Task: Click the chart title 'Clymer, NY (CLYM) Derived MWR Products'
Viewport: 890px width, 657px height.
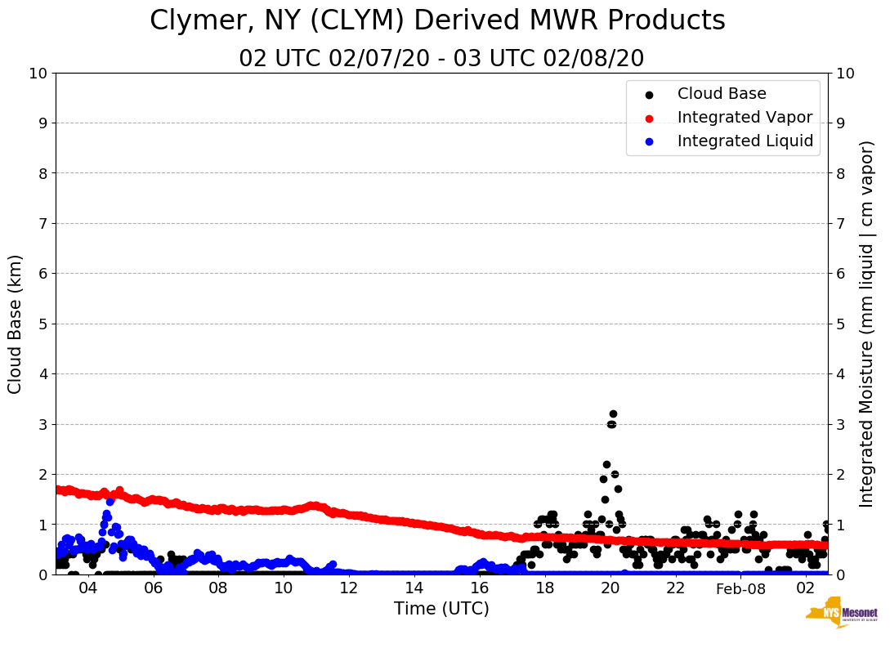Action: click(437, 21)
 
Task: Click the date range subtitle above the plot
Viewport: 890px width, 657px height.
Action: click(441, 59)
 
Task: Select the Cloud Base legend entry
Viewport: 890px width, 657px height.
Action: click(722, 94)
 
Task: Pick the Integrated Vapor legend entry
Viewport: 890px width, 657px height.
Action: click(745, 118)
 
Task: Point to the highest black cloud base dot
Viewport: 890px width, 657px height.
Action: click(613, 414)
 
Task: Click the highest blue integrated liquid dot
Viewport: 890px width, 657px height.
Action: click(110, 501)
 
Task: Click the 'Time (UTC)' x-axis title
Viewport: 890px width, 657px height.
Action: click(441, 609)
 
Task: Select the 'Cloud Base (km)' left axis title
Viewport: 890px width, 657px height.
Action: click(16, 324)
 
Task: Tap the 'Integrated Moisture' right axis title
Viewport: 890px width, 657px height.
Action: click(867, 324)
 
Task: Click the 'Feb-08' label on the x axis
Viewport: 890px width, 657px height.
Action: click(740, 589)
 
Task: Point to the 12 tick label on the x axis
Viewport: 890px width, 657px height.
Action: click(349, 589)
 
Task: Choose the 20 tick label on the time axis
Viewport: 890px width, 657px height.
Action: click(610, 589)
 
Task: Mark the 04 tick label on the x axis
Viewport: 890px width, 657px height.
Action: click(87, 589)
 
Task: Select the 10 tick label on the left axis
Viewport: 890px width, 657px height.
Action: click(38, 74)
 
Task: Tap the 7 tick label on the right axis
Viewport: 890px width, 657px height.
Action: click(840, 223)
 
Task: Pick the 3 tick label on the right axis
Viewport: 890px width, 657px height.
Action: click(840, 424)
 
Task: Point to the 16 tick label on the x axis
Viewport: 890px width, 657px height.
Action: click(480, 589)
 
